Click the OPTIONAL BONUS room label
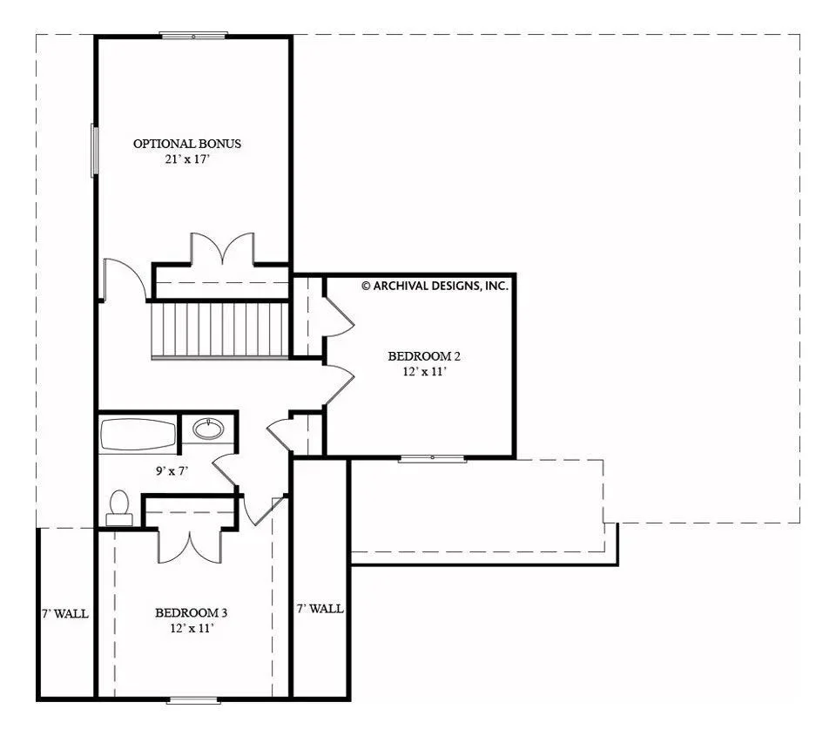[x=187, y=144]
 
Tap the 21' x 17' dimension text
[x=187, y=159]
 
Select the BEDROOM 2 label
[x=424, y=356]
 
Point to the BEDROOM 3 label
[x=192, y=613]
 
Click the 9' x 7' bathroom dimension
[x=172, y=471]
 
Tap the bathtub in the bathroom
[x=138, y=435]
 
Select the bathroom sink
[x=208, y=429]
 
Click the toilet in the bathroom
[x=119, y=509]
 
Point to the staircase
[x=219, y=330]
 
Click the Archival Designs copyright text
[x=435, y=286]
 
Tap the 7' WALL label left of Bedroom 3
[x=65, y=614]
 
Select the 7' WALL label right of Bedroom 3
[x=320, y=609]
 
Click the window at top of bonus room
[x=193, y=36]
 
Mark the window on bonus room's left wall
[x=94, y=150]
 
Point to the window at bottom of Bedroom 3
[x=193, y=699]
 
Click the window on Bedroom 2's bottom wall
[x=433, y=458]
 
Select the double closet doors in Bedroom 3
[x=189, y=545]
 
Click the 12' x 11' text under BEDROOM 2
[x=424, y=372]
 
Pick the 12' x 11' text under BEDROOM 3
[x=192, y=628]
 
